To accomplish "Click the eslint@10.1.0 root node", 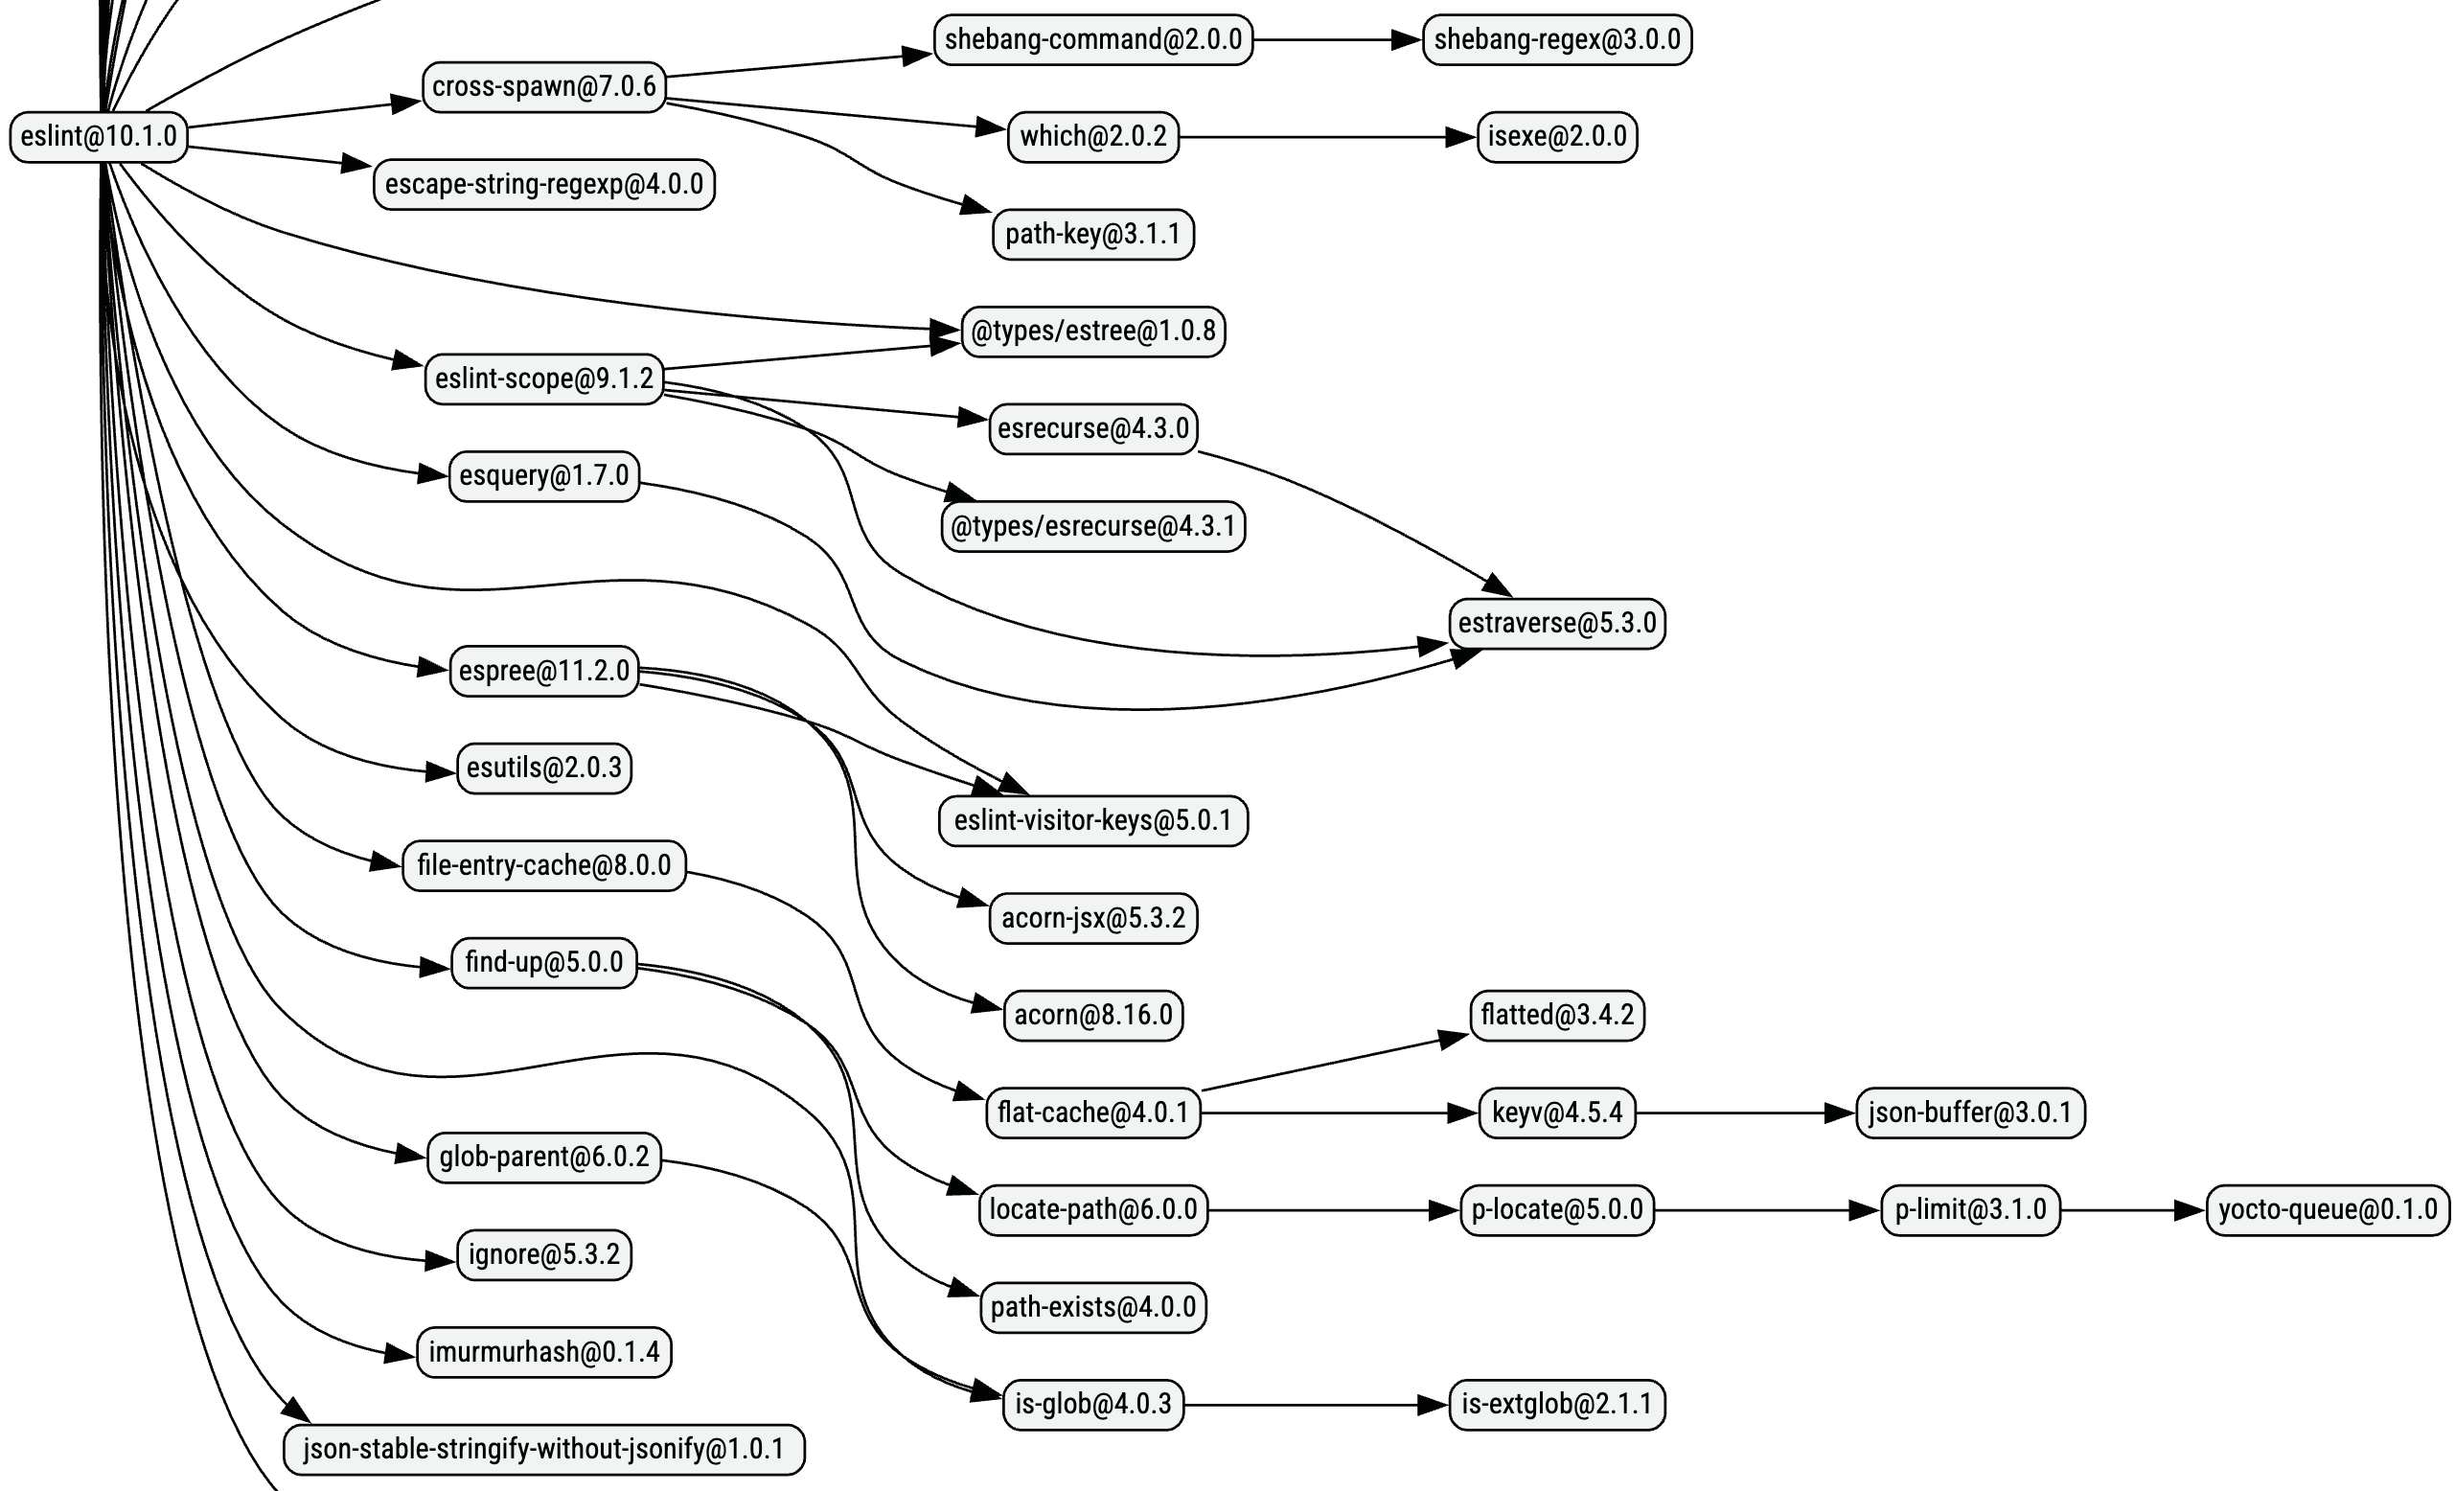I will pos(98,136).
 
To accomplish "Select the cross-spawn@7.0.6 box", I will pos(543,86).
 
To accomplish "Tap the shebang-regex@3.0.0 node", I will pos(1556,40).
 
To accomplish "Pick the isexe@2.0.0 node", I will pos(1556,136).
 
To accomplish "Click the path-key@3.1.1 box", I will pos(1092,234).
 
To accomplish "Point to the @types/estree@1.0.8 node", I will pos(1093,331).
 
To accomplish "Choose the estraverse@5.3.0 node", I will pos(1556,624).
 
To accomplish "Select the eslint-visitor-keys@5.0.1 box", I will pos(1093,821).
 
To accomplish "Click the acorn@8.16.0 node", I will pos(1093,1016).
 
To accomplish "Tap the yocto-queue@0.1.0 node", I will pos(2328,1210).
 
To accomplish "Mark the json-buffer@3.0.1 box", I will pos(1970,1113).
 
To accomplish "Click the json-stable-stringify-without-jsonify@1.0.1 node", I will pos(544,1449).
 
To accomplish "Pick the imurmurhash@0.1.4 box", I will pos(544,1352).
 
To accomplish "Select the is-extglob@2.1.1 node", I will pos(1556,1406).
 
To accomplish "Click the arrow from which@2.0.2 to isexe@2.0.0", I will pos(1325,136).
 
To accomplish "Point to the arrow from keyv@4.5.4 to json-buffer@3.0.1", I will pos(1744,1113).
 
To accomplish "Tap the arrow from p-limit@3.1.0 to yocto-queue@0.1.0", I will pos(2132,1211).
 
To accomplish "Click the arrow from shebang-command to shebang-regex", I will pos(1335,40).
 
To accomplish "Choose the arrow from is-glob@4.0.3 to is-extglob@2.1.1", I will pos(1315,1407).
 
